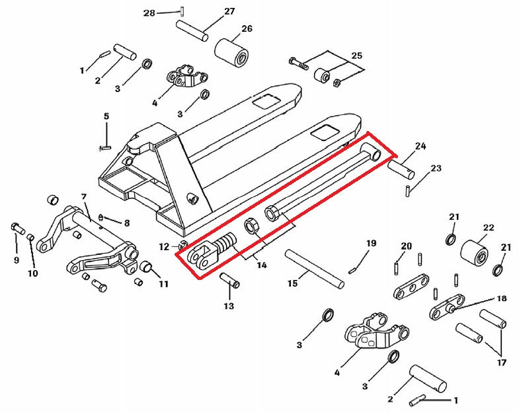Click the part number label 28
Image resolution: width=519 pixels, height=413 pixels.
click(149, 13)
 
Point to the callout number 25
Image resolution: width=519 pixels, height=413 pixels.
click(356, 56)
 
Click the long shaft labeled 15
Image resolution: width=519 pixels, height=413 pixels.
click(314, 267)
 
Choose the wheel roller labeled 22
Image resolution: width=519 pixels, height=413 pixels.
click(473, 252)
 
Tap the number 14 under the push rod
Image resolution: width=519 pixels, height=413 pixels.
click(262, 265)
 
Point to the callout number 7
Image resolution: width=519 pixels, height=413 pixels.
click(84, 197)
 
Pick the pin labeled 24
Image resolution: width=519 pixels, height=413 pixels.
click(401, 168)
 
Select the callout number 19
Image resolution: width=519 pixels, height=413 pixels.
click(371, 244)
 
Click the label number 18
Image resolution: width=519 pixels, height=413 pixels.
click(502, 298)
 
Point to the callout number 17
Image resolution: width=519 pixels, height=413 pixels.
click(501, 362)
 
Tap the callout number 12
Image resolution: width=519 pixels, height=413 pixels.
click(163, 247)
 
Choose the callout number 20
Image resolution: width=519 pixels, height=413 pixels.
click(406, 246)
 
